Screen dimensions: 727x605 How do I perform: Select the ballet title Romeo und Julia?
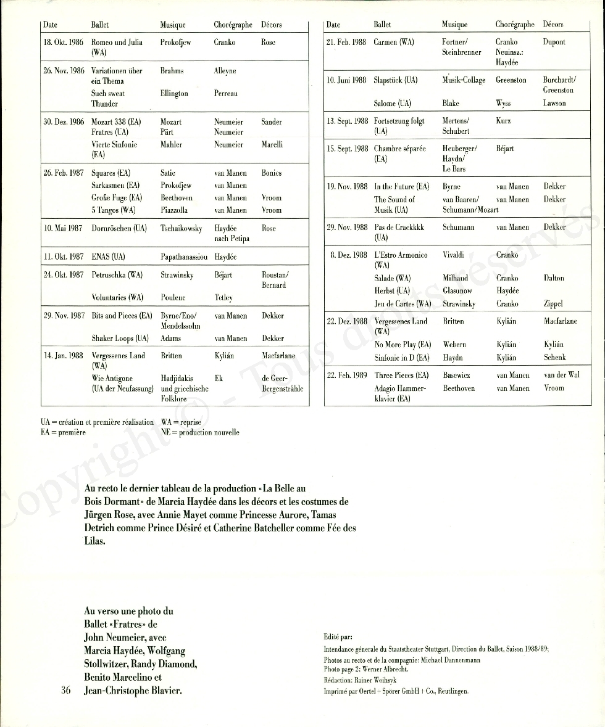(x=117, y=43)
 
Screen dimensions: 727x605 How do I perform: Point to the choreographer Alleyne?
(x=225, y=71)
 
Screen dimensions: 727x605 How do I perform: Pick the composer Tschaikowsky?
(x=181, y=228)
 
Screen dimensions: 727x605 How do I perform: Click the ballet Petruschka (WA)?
(x=117, y=275)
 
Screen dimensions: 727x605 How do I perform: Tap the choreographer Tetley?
(x=223, y=298)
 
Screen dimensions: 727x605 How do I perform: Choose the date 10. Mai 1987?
(x=62, y=228)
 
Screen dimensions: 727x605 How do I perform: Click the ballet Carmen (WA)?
(x=394, y=43)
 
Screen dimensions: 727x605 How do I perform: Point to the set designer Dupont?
(x=554, y=43)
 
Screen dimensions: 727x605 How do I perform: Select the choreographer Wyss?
(x=504, y=104)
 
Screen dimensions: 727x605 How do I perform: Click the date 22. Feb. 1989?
(x=346, y=375)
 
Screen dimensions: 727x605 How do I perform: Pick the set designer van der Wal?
(x=562, y=375)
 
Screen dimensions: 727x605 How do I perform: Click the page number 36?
(x=68, y=690)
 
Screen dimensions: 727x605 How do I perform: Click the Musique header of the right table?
(x=454, y=25)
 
